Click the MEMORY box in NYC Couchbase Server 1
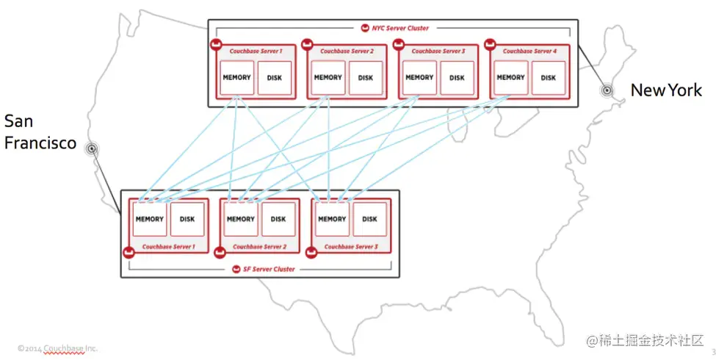point(236,78)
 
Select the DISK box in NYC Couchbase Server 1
point(275,78)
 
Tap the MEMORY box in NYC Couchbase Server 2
point(328,78)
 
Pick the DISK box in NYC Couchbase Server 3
point(458,78)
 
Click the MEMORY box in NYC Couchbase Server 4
point(510,78)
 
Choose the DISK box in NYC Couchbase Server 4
point(549,78)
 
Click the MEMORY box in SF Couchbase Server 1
point(150,219)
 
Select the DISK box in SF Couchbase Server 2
point(278,219)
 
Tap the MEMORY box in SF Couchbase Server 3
point(332,219)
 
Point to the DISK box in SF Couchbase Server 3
point(370,219)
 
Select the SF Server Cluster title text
point(269,270)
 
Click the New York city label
point(666,90)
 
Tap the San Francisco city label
point(40,132)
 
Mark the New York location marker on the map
point(607,90)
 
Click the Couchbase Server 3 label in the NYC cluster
point(438,51)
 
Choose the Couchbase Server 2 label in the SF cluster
point(259,247)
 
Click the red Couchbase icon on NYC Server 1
point(216,46)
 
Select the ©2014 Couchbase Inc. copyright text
point(58,348)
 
